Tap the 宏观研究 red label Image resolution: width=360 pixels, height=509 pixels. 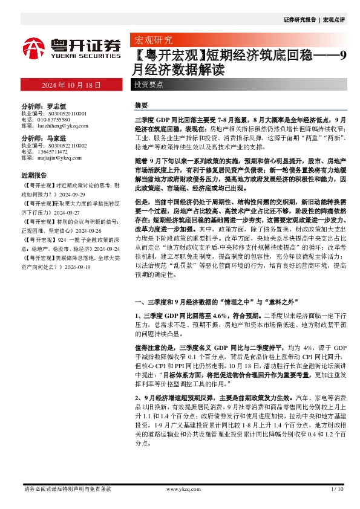point(152,41)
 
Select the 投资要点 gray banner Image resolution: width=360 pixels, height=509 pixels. point(149,85)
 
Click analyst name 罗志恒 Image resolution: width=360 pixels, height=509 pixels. point(51,106)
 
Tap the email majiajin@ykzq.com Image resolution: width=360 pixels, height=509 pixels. point(55,158)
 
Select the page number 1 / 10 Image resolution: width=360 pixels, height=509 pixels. point(338,488)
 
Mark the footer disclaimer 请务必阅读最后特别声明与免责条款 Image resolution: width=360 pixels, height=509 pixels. point(67,488)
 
